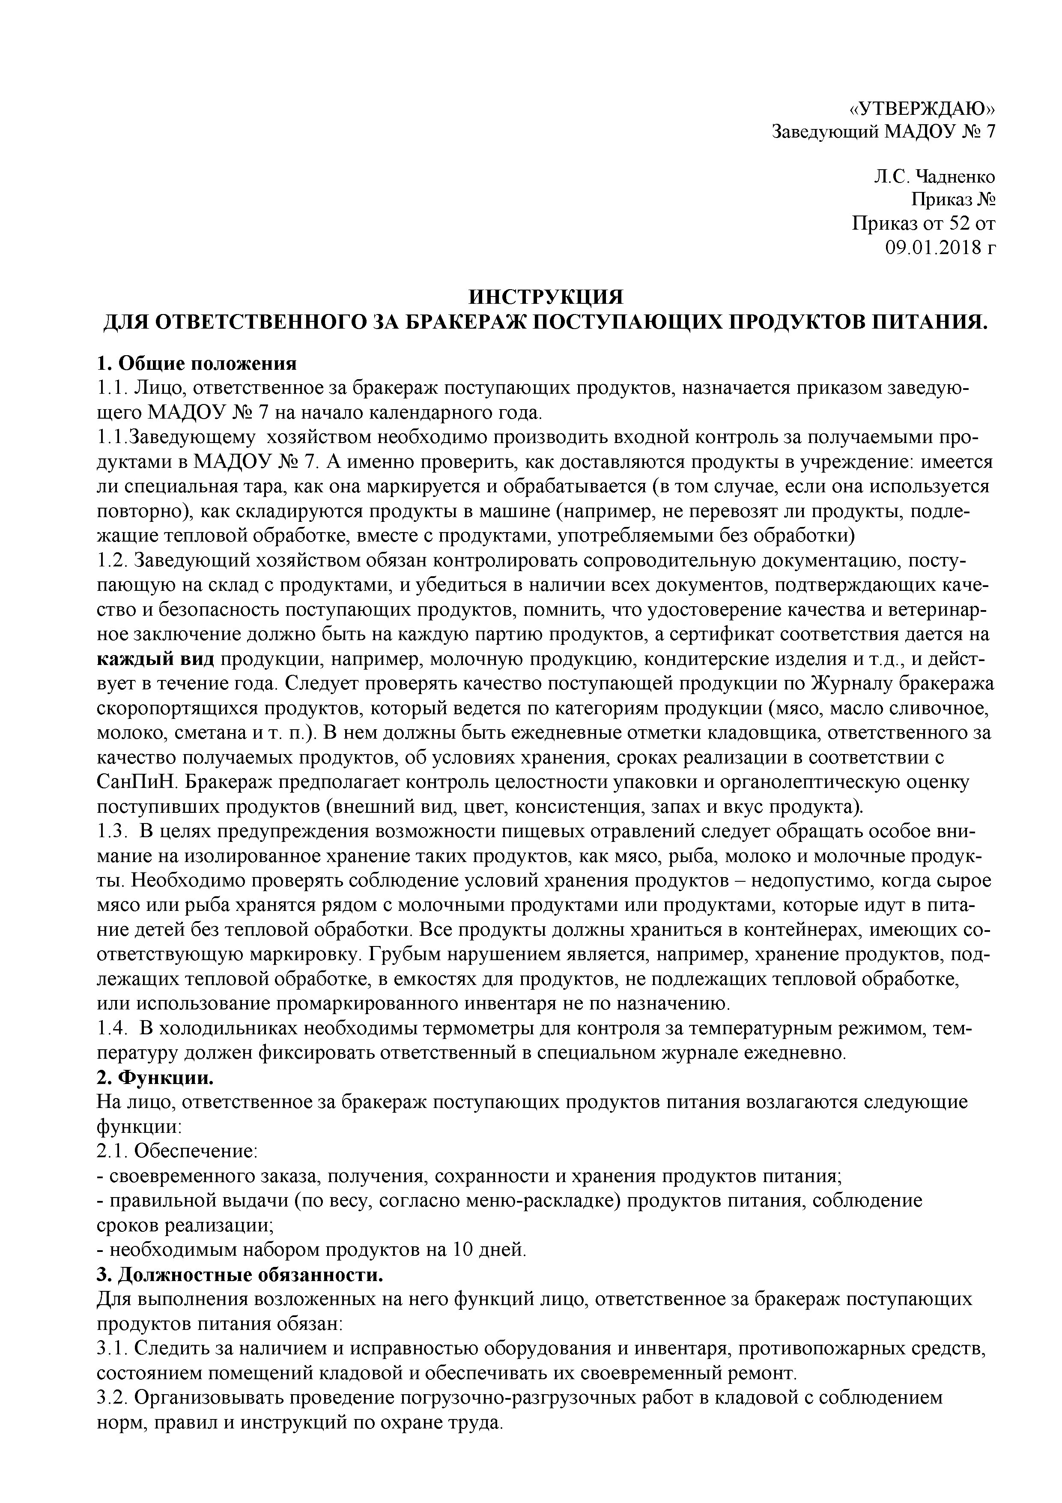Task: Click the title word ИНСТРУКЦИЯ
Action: (x=546, y=296)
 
